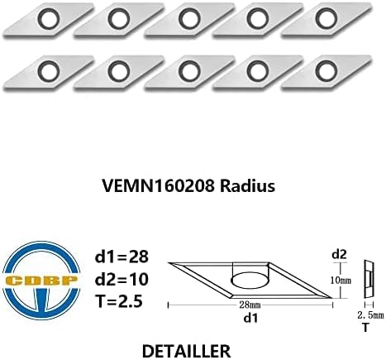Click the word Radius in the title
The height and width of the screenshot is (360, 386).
[247, 186]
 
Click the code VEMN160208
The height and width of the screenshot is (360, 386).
[159, 186]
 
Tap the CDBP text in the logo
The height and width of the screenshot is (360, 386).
[41, 281]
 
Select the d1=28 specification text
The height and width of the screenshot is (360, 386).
[122, 257]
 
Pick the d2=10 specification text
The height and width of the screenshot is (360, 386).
[122, 279]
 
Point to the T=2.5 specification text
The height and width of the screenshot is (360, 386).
[119, 301]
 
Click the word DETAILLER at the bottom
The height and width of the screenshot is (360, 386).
[186, 352]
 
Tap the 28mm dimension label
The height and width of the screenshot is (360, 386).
[250, 305]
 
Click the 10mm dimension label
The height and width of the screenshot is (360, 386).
[341, 281]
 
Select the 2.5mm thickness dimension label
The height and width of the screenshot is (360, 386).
[370, 315]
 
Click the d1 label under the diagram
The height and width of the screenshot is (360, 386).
[250, 319]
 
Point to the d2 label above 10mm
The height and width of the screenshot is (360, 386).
[339, 254]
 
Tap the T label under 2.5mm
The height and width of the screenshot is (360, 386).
[365, 328]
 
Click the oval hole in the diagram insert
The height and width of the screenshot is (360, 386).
[250, 281]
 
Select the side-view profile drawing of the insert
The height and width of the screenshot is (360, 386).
[369, 279]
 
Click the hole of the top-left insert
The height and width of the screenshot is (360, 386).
[49, 19]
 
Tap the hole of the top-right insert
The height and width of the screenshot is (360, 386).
[326, 19]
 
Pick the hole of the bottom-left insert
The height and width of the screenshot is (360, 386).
[49, 71]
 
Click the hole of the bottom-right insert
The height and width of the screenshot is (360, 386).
[326, 71]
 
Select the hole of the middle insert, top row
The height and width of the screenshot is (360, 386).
[189, 19]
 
